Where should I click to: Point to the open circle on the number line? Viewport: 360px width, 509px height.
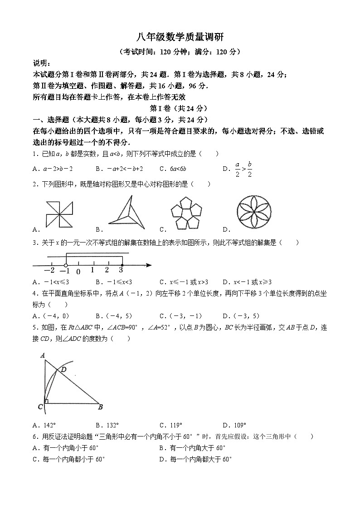point(66,265)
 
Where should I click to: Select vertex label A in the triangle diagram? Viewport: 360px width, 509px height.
point(42,355)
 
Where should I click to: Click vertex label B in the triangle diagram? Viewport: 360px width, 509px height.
point(101,407)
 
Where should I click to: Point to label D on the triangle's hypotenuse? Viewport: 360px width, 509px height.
point(64,369)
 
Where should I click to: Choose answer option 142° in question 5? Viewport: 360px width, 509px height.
point(49,426)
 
